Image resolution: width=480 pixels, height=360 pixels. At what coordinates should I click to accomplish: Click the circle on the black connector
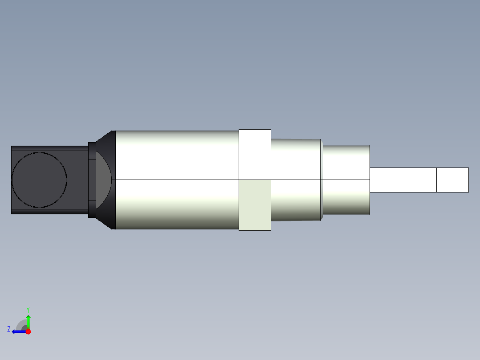pyautogui.click(x=39, y=180)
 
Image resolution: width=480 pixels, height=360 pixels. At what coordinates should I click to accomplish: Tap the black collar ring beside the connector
pyautogui.click(x=92, y=180)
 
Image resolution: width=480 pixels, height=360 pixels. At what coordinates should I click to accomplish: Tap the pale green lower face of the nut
pyautogui.click(x=255, y=205)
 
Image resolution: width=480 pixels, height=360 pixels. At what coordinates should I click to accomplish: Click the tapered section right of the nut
pyautogui.click(x=296, y=180)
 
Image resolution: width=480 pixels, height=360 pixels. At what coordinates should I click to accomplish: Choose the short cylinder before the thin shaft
pyautogui.click(x=346, y=180)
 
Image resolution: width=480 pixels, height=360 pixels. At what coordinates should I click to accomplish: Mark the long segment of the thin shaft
pyautogui.click(x=403, y=180)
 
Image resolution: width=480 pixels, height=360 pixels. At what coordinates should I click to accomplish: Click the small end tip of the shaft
pyautogui.click(x=452, y=180)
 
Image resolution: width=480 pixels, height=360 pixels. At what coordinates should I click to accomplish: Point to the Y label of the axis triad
pyautogui.click(x=28, y=309)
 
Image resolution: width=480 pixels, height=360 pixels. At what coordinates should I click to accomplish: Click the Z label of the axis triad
pyautogui.click(x=9, y=329)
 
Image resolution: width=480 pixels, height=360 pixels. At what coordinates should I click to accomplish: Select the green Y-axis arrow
pyautogui.click(x=28, y=321)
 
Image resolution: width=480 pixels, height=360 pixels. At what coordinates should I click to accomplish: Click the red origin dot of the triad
pyautogui.click(x=28, y=331)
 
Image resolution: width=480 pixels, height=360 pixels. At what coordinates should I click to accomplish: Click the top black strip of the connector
pyautogui.click(x=49, y=148)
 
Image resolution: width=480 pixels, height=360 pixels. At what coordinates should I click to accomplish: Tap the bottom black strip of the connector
pyautogui.click(x=49, y=211)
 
